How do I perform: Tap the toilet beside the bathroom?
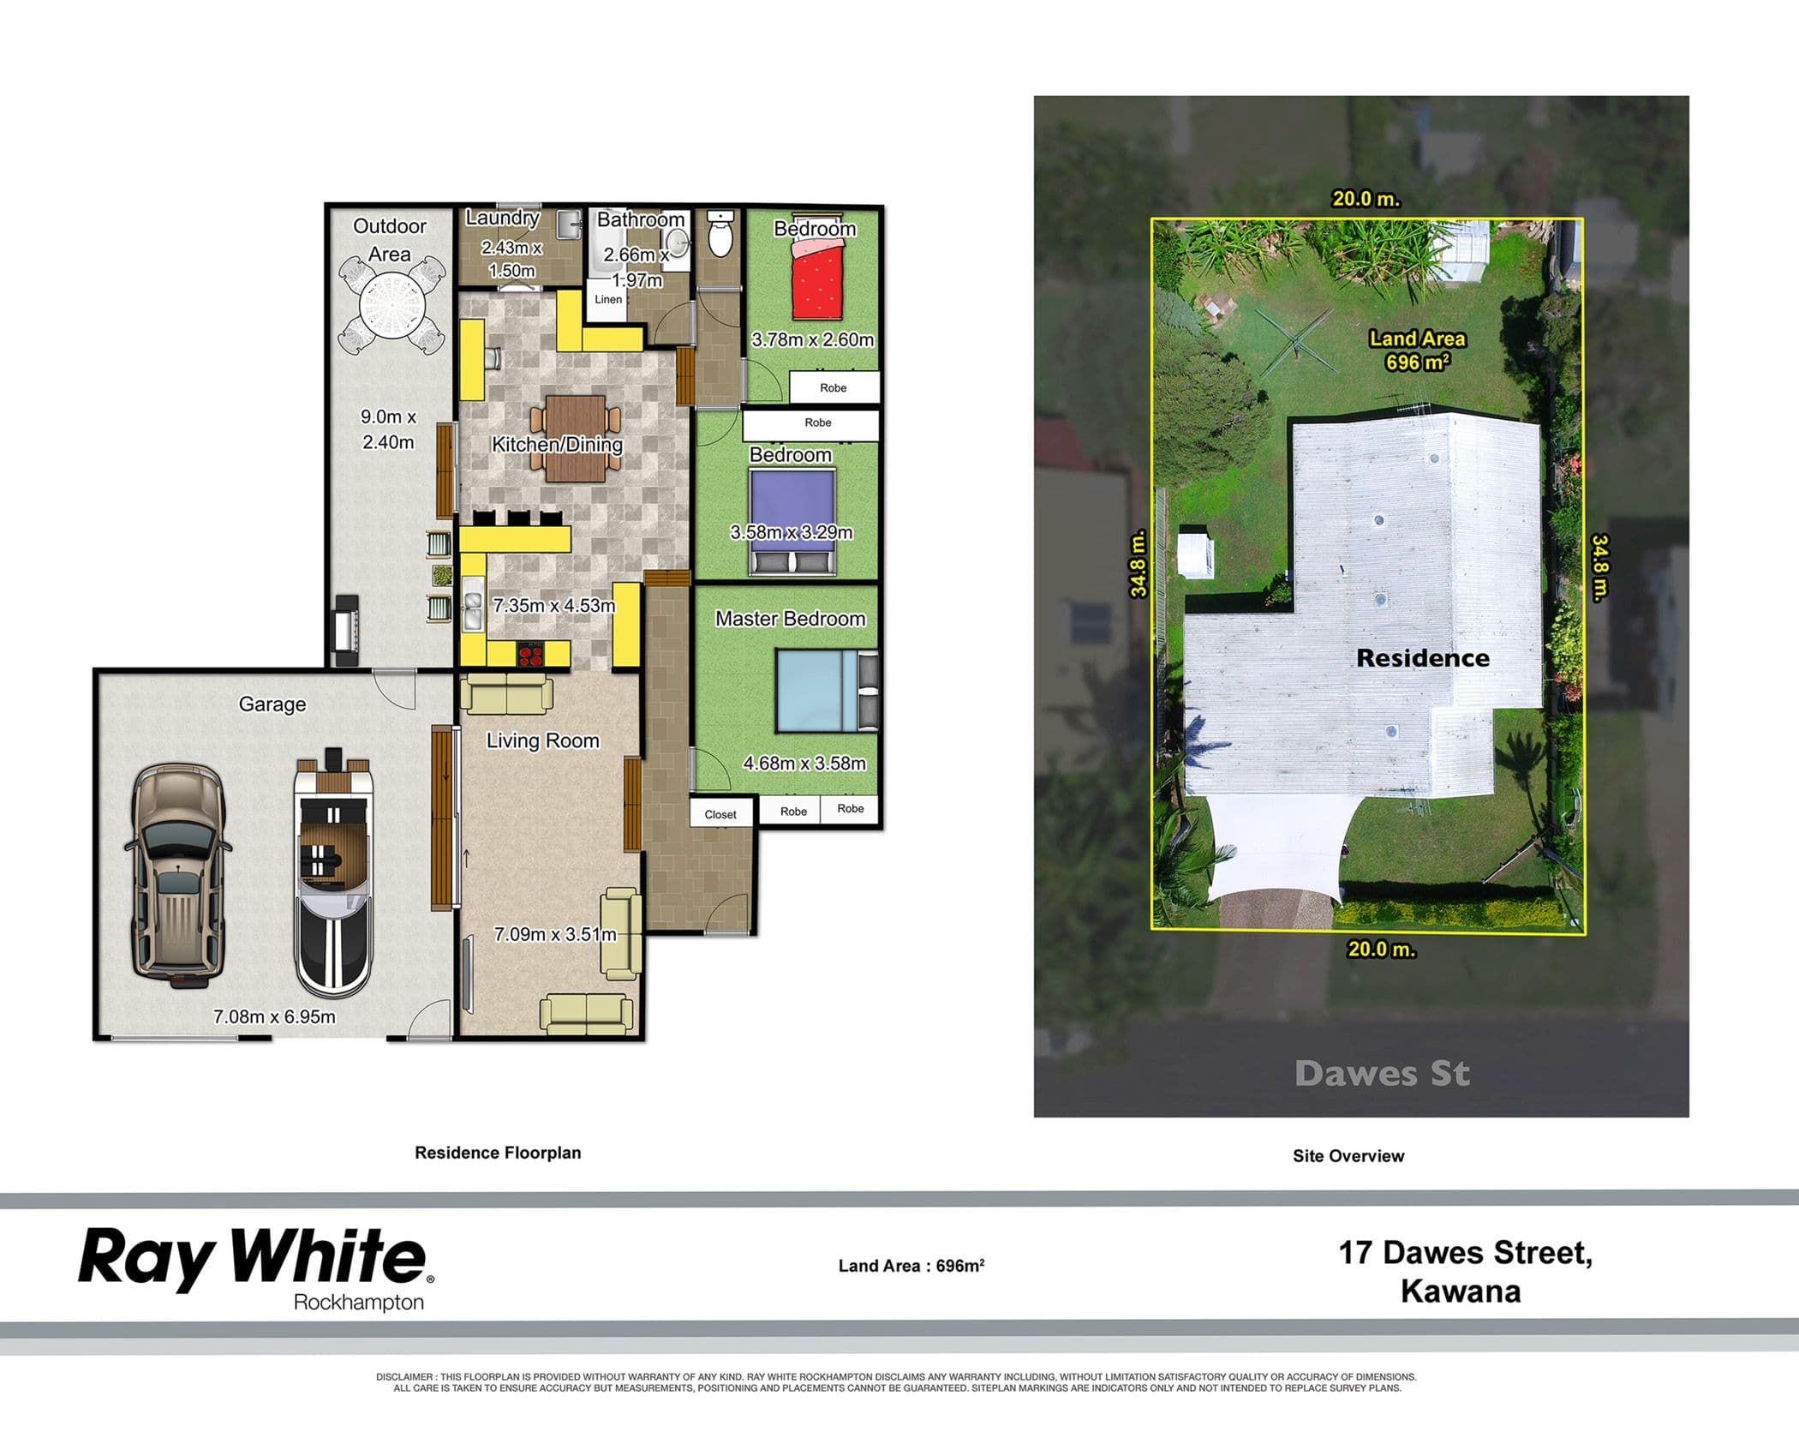pyautogui.click(x=721, y=234)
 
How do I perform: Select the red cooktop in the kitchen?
pyautogui.click(x=529, y=655)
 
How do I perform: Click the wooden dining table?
pyautogui.click(x=576, y=437)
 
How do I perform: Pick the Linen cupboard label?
pyautogui.click(x=608, y=299)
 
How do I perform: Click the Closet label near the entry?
pyautogui.click(x=720, y=814)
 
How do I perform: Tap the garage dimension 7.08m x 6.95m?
pyautogui.click(x=274, y=1016)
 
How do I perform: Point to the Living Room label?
pyautogui.click(x=543, y=740)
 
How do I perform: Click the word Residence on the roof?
pyautogui.click(x=1423, y=658)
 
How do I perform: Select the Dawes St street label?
pyautogui.click(x=1382, y=1074)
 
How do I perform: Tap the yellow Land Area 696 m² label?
pyautogui.click(x=1418, y=351)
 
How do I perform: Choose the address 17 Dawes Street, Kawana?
pyautogui.click(x=1465, y=1272)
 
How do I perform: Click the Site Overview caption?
pyautogui.click(x=1348, y=1156)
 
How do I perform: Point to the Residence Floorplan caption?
pyautogui.click(x=498, y=1153)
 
